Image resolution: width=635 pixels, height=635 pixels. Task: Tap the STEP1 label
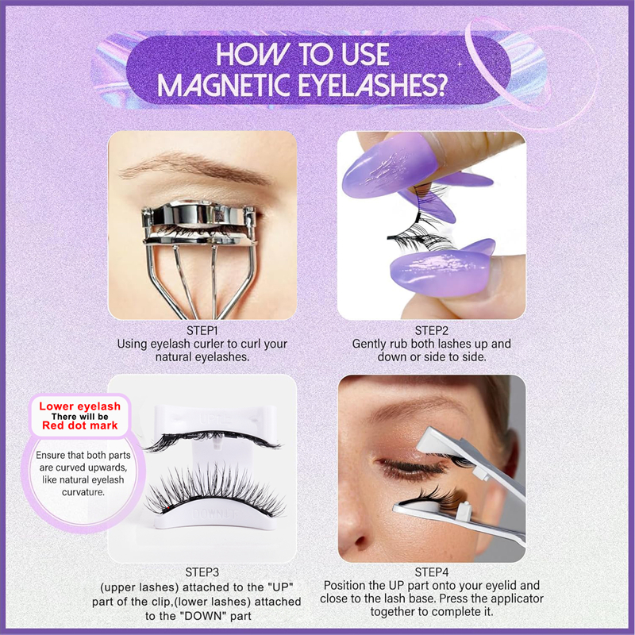click(203, 330)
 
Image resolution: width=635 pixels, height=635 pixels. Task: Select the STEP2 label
click(431, 330)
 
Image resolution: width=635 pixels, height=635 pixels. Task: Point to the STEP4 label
click(431, 571)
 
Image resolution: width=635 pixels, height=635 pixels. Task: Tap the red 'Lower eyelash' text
click(79, 407)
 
